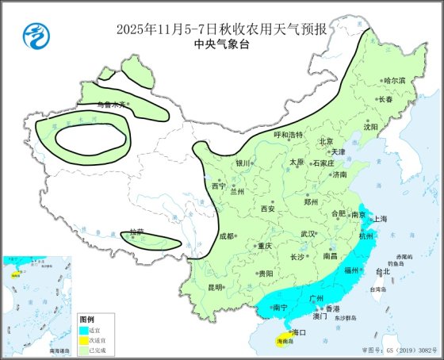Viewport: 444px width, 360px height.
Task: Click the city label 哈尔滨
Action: (394, 80)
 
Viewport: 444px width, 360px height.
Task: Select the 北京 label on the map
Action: (325, 141)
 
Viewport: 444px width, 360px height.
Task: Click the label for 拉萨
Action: (136, 232)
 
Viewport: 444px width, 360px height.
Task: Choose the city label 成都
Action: (227, 236)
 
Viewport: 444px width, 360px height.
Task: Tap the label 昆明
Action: (214, 286)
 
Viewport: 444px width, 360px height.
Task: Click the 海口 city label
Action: (298, 331)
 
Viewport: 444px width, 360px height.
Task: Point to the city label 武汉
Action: (308, 234)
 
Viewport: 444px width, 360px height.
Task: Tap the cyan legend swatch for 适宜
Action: (82, 329)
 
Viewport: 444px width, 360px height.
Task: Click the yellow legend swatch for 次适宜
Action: (82, 339)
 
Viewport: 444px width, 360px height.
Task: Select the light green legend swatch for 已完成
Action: (82, 350)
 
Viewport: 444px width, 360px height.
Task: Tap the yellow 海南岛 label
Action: (282, 343)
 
